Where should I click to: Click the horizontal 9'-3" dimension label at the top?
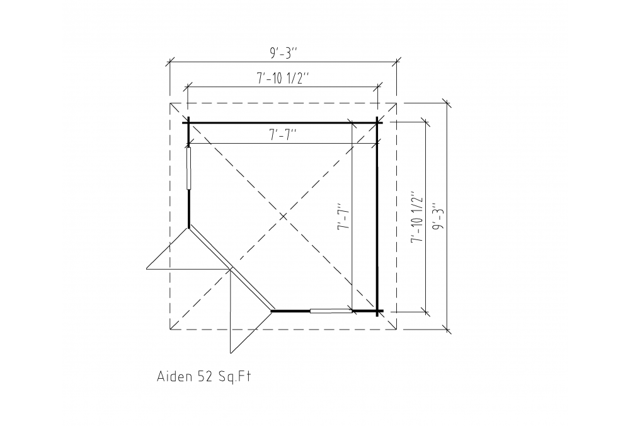pyautogui.click(x=283, y=53)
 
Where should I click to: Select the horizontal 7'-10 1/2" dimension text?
pyautogui.click(x=283, y=78)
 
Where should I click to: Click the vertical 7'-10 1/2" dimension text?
pyautogui.click(x=418, y=217)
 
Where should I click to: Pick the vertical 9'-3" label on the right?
pyautogui.click(x=440, y=217)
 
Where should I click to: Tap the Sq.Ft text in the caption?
pyautogui.click(x=234, y=377)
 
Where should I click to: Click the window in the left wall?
pyautogui.click(x=188, y=168)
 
